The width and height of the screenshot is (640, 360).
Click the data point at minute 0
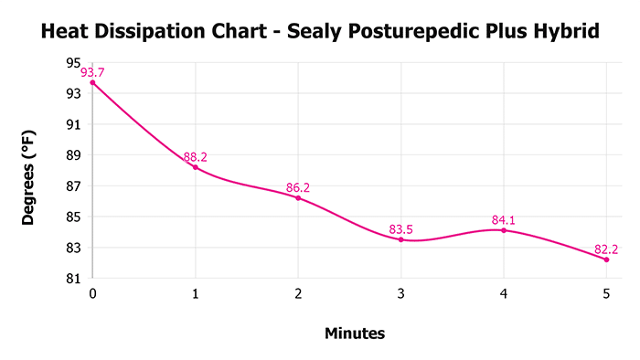pos(92,82)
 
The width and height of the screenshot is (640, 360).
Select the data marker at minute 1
pos(195,167)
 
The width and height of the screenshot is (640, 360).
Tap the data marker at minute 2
pos(298,198)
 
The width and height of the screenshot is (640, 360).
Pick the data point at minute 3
pos(400,239)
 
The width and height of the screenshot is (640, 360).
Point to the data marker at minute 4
pos(504,230)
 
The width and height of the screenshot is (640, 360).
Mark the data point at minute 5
pos(606,259)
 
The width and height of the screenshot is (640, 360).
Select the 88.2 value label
pos(195,157)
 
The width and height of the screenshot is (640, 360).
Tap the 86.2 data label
pos(298,188)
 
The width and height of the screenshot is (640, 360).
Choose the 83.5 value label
pos(400,229)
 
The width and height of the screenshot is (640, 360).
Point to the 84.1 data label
pos(504,220)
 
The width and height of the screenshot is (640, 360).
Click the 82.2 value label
pos(606,249)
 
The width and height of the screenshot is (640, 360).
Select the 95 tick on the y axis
pos(73,62)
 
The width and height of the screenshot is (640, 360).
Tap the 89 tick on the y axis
pos(73,155)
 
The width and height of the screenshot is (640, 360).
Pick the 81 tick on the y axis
pos(73,279)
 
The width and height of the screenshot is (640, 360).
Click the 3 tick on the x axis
pos(400,294)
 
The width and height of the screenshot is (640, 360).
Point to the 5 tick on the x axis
pos(606,294)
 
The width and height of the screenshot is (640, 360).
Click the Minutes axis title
pos(355,334)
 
